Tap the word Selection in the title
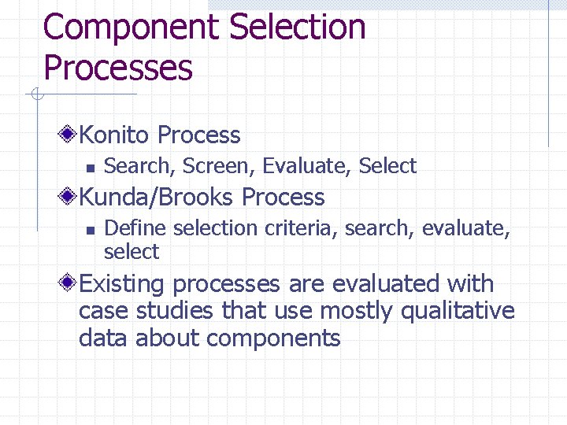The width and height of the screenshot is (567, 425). tap(298, 27)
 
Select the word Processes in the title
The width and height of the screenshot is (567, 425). tap(118, 68)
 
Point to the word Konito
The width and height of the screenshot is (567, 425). tap(113, 135)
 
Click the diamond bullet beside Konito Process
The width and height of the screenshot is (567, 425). tap(69, 135)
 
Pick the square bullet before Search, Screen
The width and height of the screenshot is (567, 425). tap(90, 167)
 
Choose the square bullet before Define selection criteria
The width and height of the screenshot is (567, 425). tap(90, 230)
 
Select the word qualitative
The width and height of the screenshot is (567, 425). tap(458, 312)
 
